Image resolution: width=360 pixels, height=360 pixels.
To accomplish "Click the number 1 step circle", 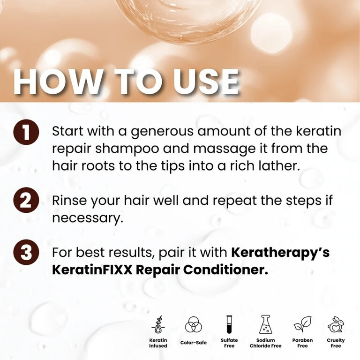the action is (26, 132).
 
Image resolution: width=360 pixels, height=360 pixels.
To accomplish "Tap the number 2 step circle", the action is (26, 200).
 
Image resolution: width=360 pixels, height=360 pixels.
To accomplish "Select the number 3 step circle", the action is (26, 252).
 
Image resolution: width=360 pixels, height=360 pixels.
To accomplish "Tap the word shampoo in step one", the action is (127, 149).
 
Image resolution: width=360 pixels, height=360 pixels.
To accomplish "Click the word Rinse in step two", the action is (69, 201).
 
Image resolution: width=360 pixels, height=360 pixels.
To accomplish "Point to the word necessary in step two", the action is (88, 218).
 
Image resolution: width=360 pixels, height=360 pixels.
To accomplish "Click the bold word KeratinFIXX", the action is (92, 270).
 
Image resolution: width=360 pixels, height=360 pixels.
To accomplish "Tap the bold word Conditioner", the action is (225, 270).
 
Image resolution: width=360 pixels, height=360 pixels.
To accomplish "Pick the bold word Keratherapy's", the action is (280, 253).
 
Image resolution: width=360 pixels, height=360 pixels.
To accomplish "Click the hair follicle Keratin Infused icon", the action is (158, 324).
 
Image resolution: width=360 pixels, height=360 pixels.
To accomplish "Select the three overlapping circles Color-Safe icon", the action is (193, 324).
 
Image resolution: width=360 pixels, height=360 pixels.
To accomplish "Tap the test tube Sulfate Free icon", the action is (229, 324).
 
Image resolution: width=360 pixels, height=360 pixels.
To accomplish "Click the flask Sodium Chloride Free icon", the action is (266, 324).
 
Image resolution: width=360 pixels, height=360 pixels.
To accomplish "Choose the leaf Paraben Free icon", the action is (303, 324).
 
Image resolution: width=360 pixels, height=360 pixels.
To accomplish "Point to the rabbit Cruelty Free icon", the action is (336, 324).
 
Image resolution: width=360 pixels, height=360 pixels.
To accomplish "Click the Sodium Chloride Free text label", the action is (266, 343).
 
